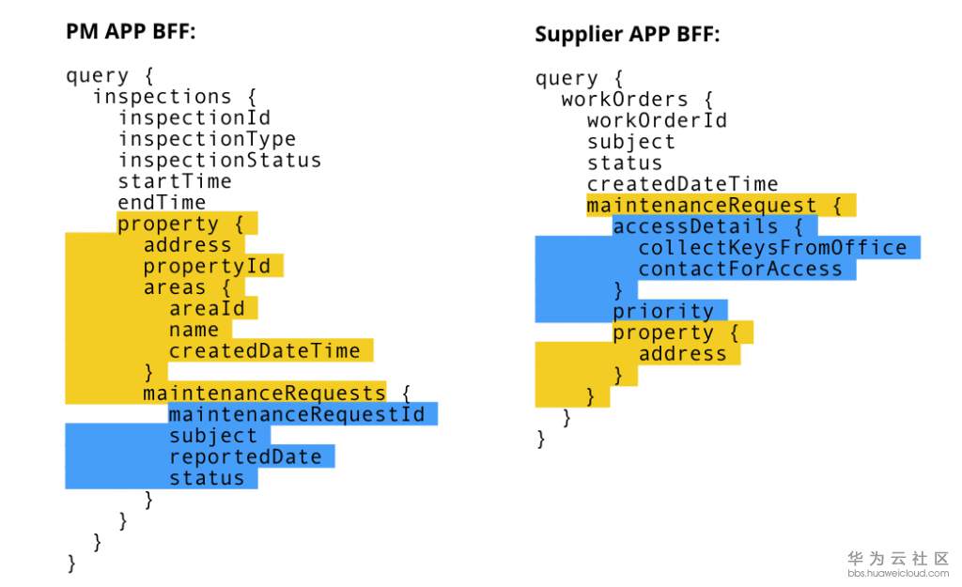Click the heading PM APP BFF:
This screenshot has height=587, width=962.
coord(131,31)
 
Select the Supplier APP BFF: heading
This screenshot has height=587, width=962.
coord(627,34)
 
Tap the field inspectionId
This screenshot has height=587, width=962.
coord(194,117)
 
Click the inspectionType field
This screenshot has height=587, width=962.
coord(207,139)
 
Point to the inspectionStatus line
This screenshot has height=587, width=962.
coord(220,160)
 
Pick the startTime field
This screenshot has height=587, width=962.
coord(175,181)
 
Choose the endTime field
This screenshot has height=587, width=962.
coord(162,203)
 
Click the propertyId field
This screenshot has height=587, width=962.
coord(207,266)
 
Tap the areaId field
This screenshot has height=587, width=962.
coord(207,308)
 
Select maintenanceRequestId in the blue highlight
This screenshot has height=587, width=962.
coord(296,414)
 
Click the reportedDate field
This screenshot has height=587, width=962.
coord(245,456)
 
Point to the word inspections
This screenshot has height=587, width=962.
coord(162,97)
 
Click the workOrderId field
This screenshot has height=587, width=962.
coord(657,120)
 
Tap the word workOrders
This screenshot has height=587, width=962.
coord(625,100)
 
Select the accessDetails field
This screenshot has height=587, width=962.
coord(695,226)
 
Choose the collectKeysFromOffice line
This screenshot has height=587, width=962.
coord(772,247)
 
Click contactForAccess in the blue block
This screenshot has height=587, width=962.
coord(740,269)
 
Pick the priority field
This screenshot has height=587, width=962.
coord(663,311)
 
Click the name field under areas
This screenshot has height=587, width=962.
coord(194,330)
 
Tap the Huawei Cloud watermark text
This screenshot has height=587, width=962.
coord(898,564)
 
